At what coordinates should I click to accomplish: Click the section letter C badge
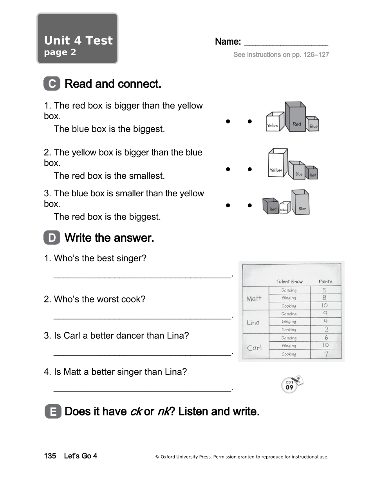click(x=52, y=84)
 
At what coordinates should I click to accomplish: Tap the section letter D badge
click(x=52, y=238)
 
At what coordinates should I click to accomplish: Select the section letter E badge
click(x=52, y=412)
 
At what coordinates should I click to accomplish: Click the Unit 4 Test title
click(x=78, y=41)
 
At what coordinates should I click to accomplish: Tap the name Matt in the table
click(x=254, y=299)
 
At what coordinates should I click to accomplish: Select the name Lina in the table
click(x=253, y=323)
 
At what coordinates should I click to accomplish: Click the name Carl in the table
click(x=254, y=348)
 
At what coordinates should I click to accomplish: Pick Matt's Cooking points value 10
click(x=325, y=306)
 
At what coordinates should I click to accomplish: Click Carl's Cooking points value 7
click(x=326, y=354)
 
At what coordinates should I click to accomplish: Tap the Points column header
click(x=325, y=281)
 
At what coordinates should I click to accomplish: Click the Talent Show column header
click(x=289, y=281)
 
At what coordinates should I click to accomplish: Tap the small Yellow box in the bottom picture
click(x=284, y=208)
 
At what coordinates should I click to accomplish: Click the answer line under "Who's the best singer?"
click(x=142, y=277)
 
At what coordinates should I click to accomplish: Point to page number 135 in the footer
click(x=50, y=456)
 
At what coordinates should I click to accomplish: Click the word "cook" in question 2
click(x=137, y=299)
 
